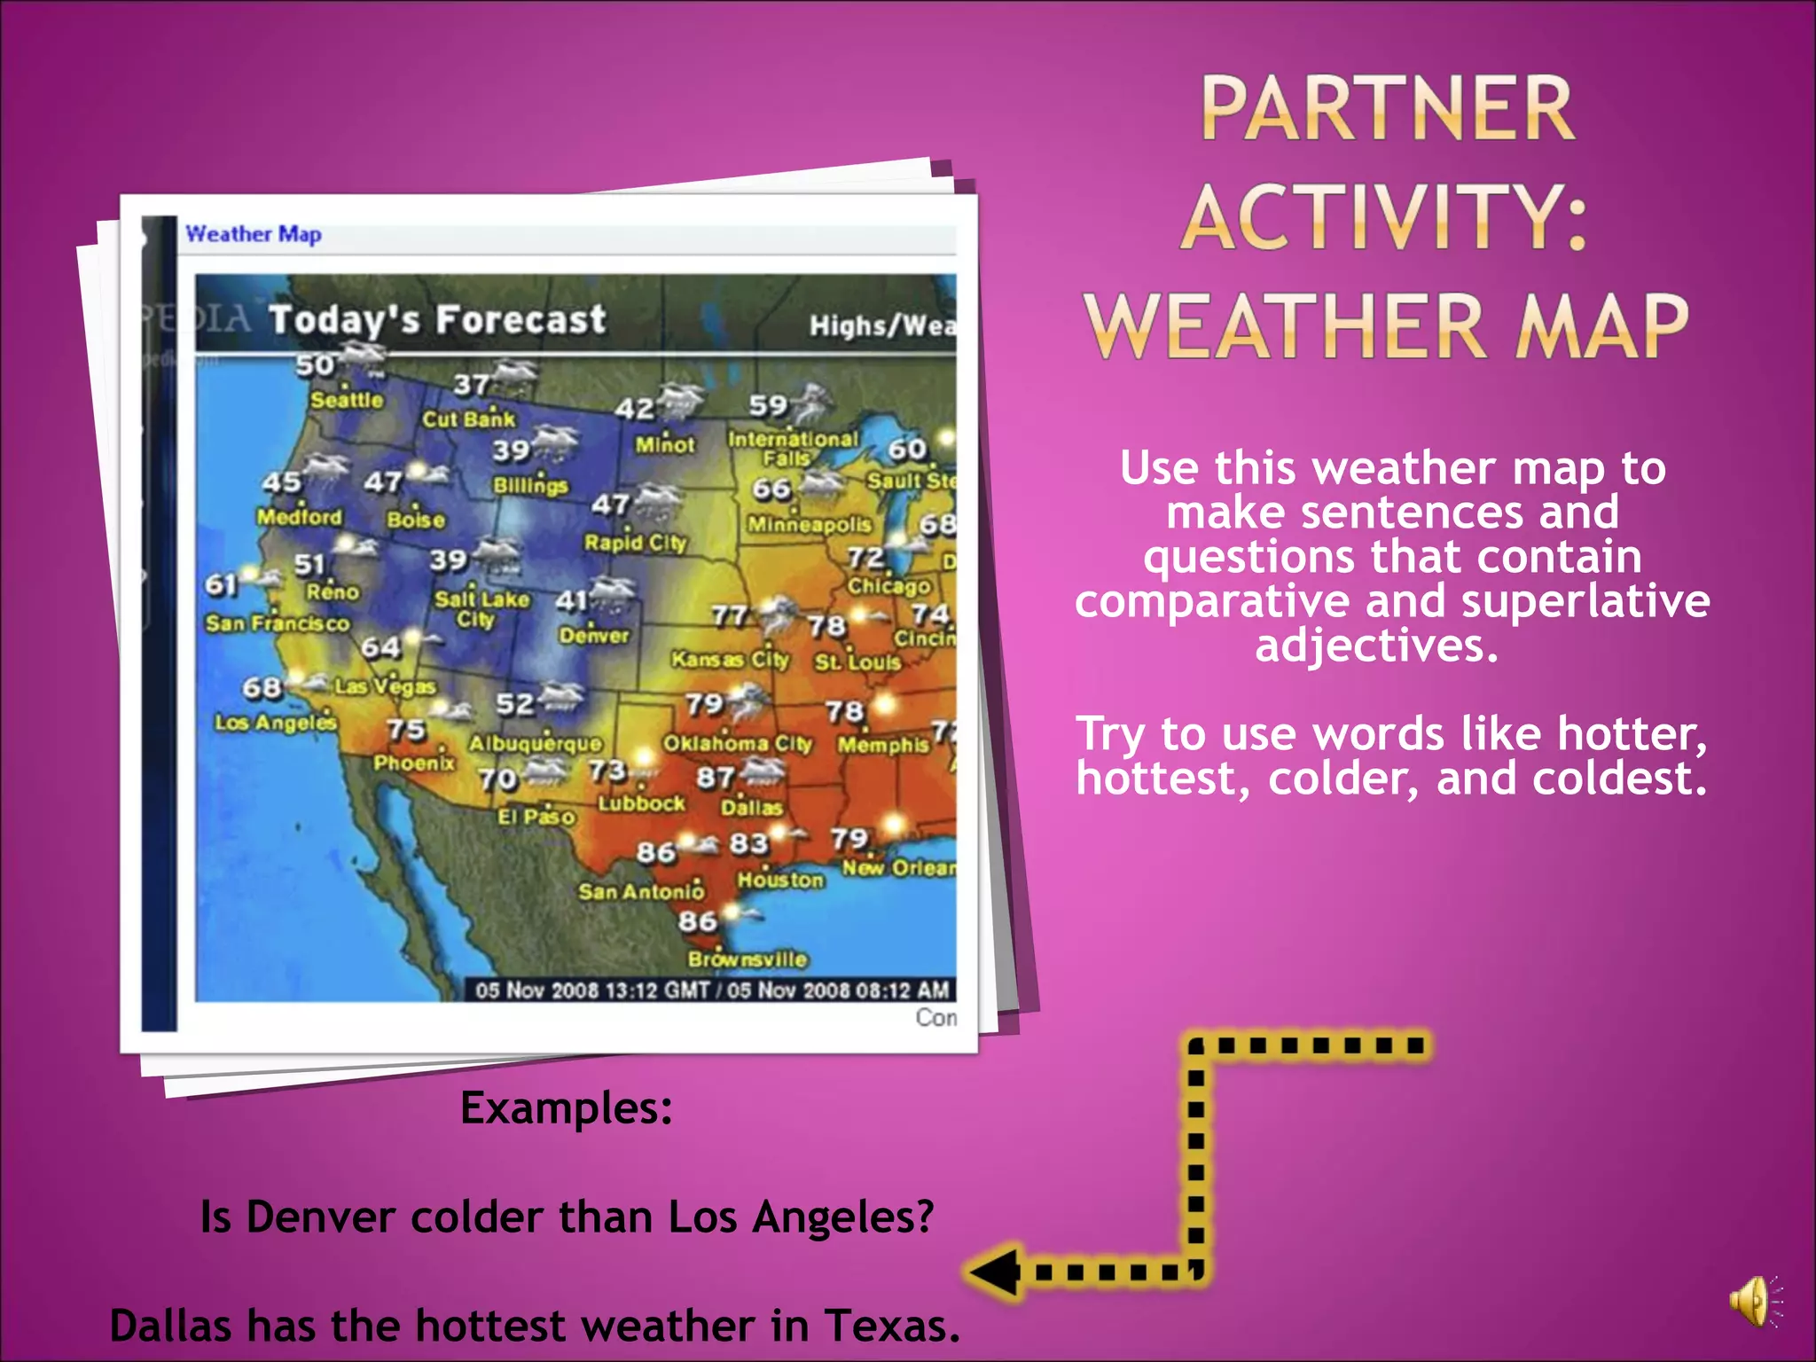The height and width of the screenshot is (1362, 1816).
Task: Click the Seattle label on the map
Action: [347, 400]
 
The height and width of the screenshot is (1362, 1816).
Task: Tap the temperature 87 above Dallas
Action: [715, 778]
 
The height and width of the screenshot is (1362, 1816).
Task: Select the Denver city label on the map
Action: [593, 635]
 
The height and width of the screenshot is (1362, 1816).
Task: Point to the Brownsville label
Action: [748, 959]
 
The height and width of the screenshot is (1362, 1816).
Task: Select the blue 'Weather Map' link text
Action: [254, 234]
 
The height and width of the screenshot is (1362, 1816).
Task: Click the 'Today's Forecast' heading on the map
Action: [437, 319]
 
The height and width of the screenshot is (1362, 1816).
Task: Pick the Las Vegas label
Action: [385, 686]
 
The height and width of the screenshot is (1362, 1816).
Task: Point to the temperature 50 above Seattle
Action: [314, 365]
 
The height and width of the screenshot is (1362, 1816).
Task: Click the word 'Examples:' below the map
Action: [567, 1108]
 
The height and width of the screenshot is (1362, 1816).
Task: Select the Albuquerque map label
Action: [536, 743]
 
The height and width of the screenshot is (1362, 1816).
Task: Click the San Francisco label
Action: [278, 623]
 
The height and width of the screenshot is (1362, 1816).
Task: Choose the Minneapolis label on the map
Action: [810, 525]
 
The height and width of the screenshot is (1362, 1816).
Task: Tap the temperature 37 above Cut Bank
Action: [471, 385]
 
